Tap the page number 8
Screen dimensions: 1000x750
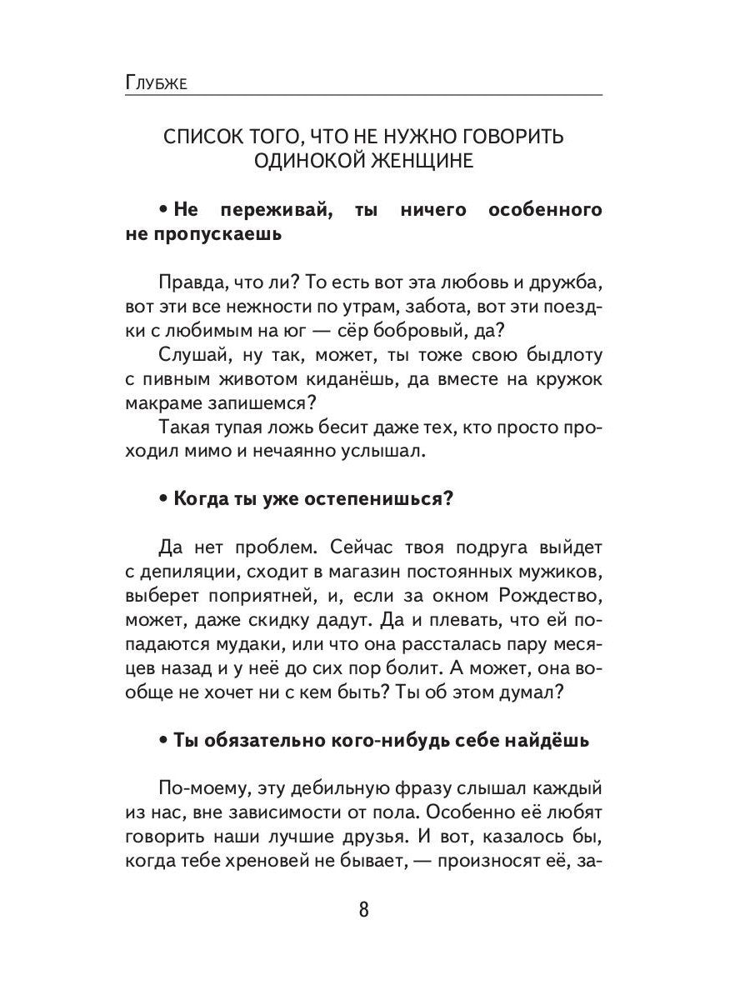[x=363, y=907]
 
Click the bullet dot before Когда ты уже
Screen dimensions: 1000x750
[x=163, y=499]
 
